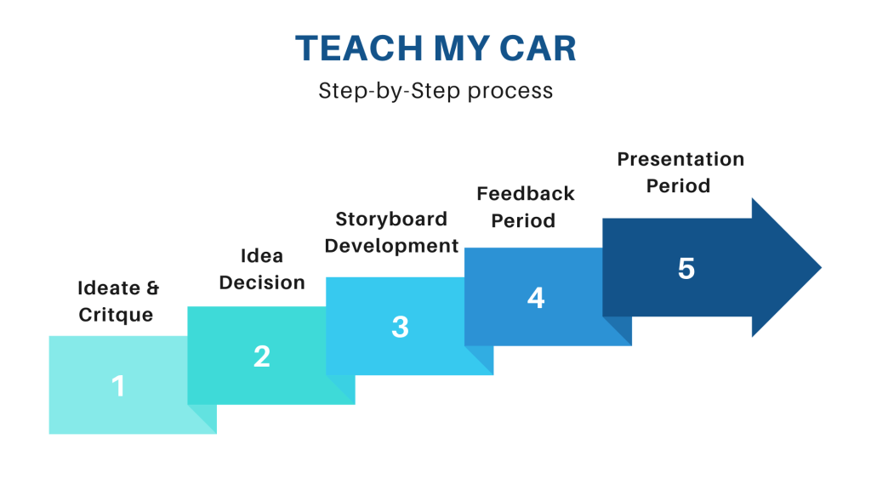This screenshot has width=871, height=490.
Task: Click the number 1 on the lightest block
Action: pos(118,387)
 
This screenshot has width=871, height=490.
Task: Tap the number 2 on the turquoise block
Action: pos(262,356)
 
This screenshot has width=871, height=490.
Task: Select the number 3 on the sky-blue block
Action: pos(400,327)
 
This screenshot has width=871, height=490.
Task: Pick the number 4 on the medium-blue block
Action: pos(536,298)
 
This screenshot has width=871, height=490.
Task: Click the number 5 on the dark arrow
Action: pos(686,268)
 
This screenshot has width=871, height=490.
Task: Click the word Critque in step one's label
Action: pos(116,315)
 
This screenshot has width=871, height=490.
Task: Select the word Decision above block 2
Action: pos(262,282)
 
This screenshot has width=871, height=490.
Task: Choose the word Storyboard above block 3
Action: pos(391,219)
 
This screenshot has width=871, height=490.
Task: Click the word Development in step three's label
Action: pos(392,246)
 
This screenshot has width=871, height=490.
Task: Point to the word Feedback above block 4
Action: pos(526,193)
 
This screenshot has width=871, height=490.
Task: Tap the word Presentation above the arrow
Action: pos(680,158)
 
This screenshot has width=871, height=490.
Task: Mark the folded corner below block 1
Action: pos(202,419)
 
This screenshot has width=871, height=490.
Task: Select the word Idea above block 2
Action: pos(262,255)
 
